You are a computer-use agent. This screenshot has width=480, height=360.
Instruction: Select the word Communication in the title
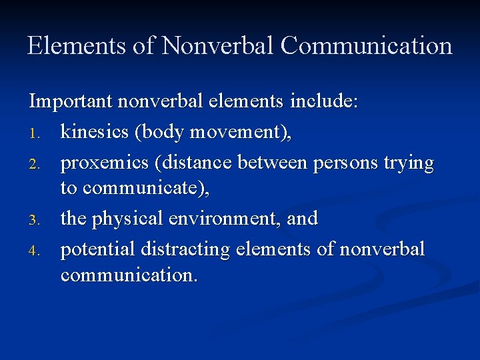tap(366, 46)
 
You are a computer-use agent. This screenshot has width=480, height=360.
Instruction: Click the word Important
tap(71, 102)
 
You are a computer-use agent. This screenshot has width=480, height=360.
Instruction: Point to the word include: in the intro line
tap(325, 102)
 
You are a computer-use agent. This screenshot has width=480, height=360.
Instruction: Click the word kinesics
tap(95, 132)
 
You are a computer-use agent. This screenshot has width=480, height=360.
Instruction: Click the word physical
tap(128, 218)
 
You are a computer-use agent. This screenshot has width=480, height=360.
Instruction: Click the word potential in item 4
tap(97, 249)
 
